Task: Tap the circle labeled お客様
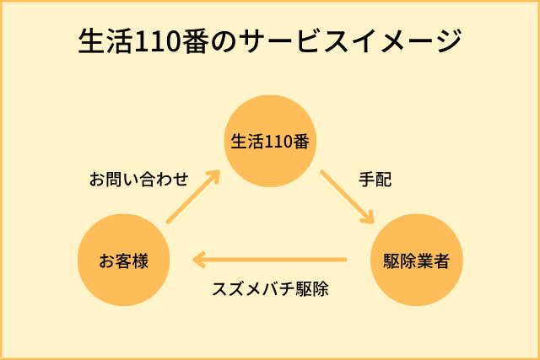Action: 123,261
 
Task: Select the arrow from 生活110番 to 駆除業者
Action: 347,197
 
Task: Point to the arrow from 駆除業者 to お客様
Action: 270,259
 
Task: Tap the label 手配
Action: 375,180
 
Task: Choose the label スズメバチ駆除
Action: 270,288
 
